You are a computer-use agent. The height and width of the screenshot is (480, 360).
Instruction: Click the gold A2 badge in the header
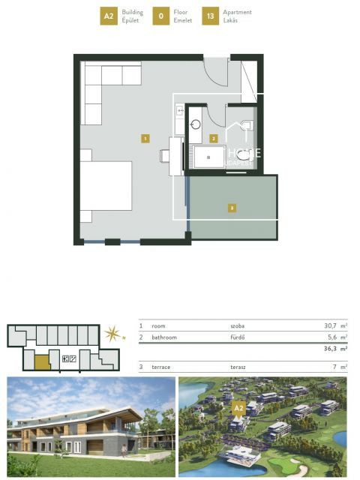pyautogui.click(x=109, y=16)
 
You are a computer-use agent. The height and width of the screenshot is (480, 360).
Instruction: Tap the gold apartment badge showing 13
pyautogui.click(x=211, y=16)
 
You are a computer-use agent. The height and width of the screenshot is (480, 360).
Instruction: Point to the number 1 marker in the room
pyautogui.click(x=145, y=138)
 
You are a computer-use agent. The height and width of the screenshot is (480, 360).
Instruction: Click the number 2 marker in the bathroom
pyautogui.click(x=214, y=138)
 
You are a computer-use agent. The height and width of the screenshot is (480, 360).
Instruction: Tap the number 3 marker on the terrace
pyautogui.click(x=232, y=208)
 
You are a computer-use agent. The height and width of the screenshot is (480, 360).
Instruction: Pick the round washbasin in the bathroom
pyautogui.click(x=196, y=125)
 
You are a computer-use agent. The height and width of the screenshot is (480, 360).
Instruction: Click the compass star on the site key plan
pyautogui.click(x=112, y=333)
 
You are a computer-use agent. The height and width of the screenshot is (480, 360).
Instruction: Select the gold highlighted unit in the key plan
pyautogui.click(x=41, y=364)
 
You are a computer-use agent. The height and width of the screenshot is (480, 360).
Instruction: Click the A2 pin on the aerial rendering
pyautogui.click(x=239, y=408)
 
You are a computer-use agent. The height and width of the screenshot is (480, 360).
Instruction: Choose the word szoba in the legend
pyautogui.click(x=238, y=326)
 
